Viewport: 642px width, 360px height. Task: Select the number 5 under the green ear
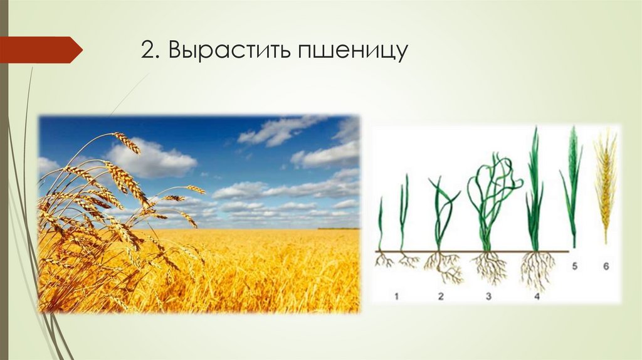point(574,265)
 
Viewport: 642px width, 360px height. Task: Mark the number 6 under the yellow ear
point(605,265)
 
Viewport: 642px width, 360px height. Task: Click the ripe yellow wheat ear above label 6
point(605,182)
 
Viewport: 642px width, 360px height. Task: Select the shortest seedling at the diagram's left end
point(381,226)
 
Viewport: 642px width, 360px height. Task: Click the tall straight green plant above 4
point(534,188)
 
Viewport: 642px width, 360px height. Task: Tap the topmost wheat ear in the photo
point(127,142)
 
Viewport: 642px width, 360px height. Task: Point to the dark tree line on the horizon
point(339,228)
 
